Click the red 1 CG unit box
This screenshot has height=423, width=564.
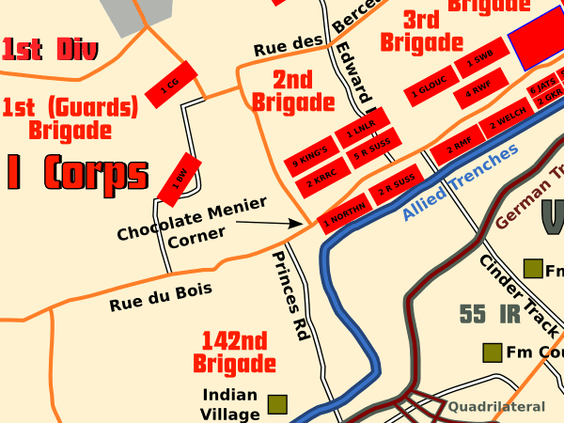click(x=169, y=88)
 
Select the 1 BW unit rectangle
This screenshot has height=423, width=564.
click(x=180, y=178)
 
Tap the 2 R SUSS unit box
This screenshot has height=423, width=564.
click(x=397, y=185)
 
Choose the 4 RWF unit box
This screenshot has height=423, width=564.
click(x=479, y=91)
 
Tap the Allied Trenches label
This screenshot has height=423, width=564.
click(x=461, y=182)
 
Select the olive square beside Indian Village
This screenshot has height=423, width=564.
click(x=276, y=404)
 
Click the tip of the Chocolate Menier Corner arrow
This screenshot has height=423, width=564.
click(x=307, y=225)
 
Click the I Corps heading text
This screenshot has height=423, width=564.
click(x=77, y=172)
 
